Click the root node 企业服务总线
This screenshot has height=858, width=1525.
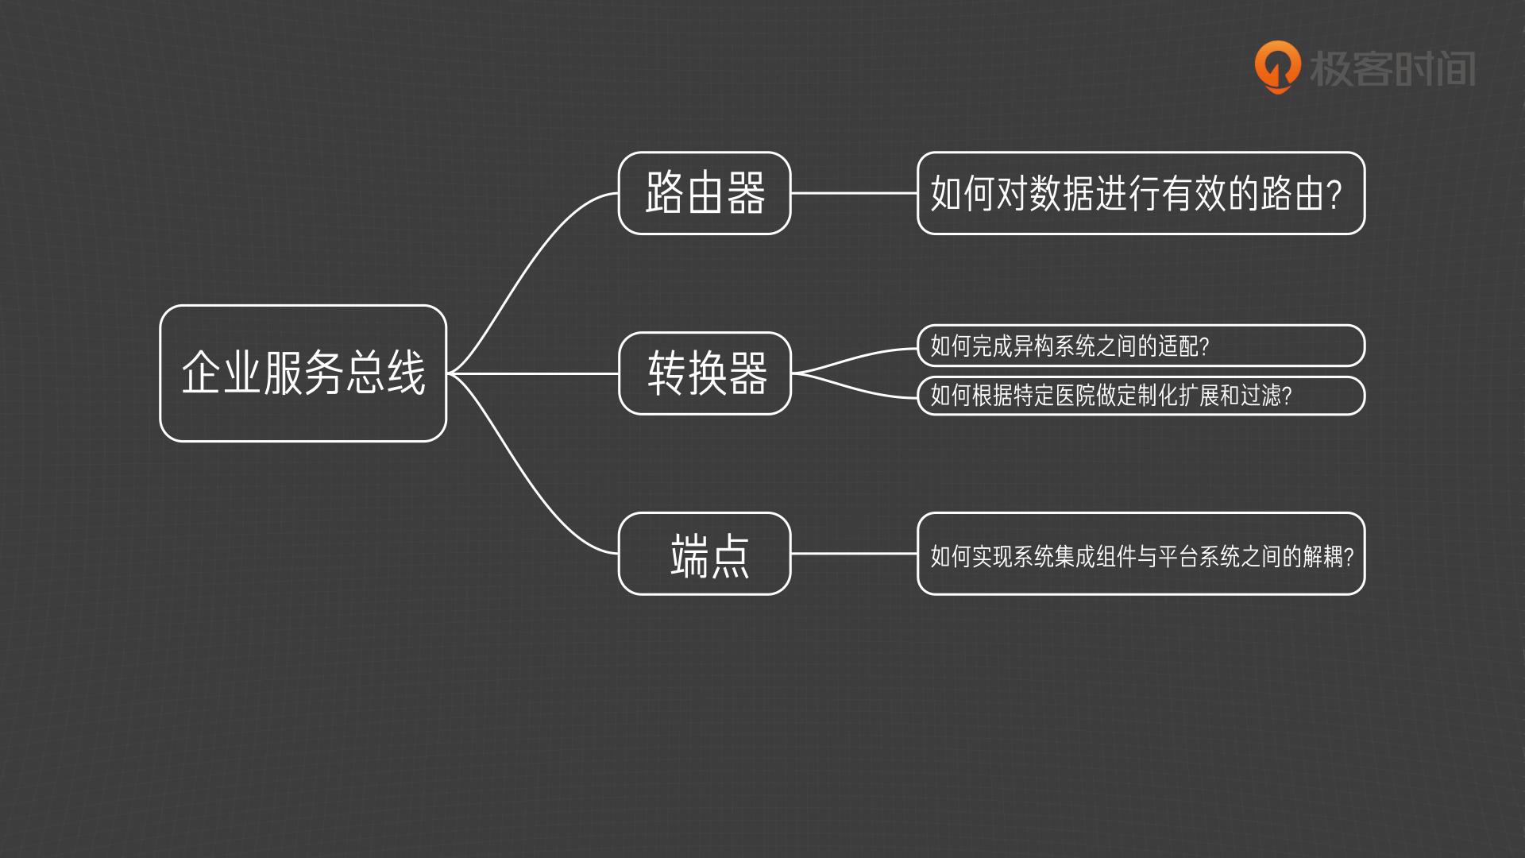(303, 373)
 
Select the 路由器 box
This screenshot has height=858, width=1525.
(705, 193)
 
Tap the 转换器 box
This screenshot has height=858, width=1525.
(705, 373)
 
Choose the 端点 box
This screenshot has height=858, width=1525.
(705, 554)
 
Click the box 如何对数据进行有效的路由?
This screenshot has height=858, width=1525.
(1141, 193)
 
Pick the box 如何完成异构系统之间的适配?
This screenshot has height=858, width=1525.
(1141, 346)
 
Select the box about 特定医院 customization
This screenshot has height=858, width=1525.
(1141, 396)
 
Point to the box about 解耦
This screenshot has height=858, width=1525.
(1141, 554)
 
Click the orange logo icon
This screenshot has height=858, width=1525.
(1277, 67)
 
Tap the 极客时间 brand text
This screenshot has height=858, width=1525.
(1392, 68)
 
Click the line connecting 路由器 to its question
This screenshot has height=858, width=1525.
(854, 193)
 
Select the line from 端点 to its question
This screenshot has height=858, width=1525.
(854, 554)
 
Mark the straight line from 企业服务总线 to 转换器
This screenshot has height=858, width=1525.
(532, 373)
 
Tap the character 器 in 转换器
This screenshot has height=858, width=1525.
(748, 373)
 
